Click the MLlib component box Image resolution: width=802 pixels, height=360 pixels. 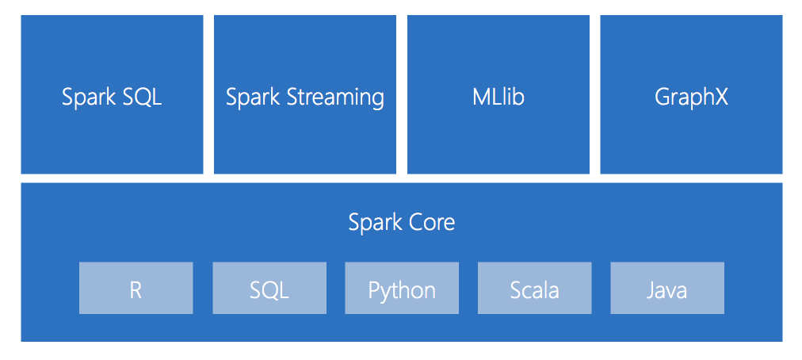(x=498, y=94)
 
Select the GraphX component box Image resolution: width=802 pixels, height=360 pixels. (x=691, y=94)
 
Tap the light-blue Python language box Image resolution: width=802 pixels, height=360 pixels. (x=402, y=289)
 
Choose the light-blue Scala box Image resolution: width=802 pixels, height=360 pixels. (x=534, y=289)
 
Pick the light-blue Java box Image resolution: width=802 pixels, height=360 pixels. (x=666, y=289)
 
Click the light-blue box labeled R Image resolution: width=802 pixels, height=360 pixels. (x=136, y=289)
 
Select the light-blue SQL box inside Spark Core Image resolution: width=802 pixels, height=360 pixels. (x=269, y=289)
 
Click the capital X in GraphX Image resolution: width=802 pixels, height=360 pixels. (x=720, y=97)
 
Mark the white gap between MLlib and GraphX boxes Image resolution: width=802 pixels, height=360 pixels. (x=594, y=94)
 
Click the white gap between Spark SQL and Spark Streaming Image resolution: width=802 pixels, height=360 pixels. (x=208, y=94)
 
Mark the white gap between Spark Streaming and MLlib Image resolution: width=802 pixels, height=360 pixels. (x=402, y=94)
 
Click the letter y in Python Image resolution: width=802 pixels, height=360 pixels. (x=386, y=292)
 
